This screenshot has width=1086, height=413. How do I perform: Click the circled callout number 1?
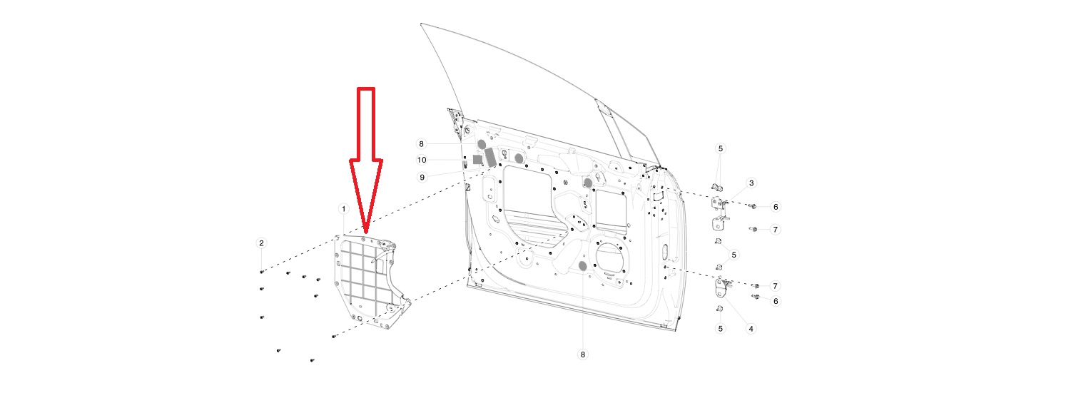tap(343, 209)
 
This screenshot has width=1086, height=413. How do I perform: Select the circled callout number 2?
tap(261, 243)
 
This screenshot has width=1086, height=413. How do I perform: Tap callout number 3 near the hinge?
tap(751, 183)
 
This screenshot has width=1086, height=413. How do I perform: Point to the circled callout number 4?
tap(751, 329)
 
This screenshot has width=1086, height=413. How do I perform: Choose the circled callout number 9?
tap(422, 178)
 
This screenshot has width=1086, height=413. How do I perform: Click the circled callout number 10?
tap(421, 160)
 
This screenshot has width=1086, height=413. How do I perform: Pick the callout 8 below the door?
tap(583, 355)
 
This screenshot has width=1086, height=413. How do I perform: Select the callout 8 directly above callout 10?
tap(421, 143)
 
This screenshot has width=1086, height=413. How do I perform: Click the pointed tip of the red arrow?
tap(366, 233)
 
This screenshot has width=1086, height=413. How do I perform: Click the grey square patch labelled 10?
tap(477, 159)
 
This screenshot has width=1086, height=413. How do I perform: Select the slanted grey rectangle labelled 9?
tap(490, 158)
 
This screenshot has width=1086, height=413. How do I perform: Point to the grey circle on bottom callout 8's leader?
tap(583, 265)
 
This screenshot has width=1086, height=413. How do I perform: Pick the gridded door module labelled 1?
tap(371, 280)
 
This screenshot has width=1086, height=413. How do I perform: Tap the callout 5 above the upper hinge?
tap(720, 148)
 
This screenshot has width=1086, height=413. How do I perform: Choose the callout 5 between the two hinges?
tap(734, 255)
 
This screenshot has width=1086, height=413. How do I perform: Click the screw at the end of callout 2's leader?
tap(261, 272)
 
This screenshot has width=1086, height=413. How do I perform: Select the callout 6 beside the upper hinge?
tap(776, 207)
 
